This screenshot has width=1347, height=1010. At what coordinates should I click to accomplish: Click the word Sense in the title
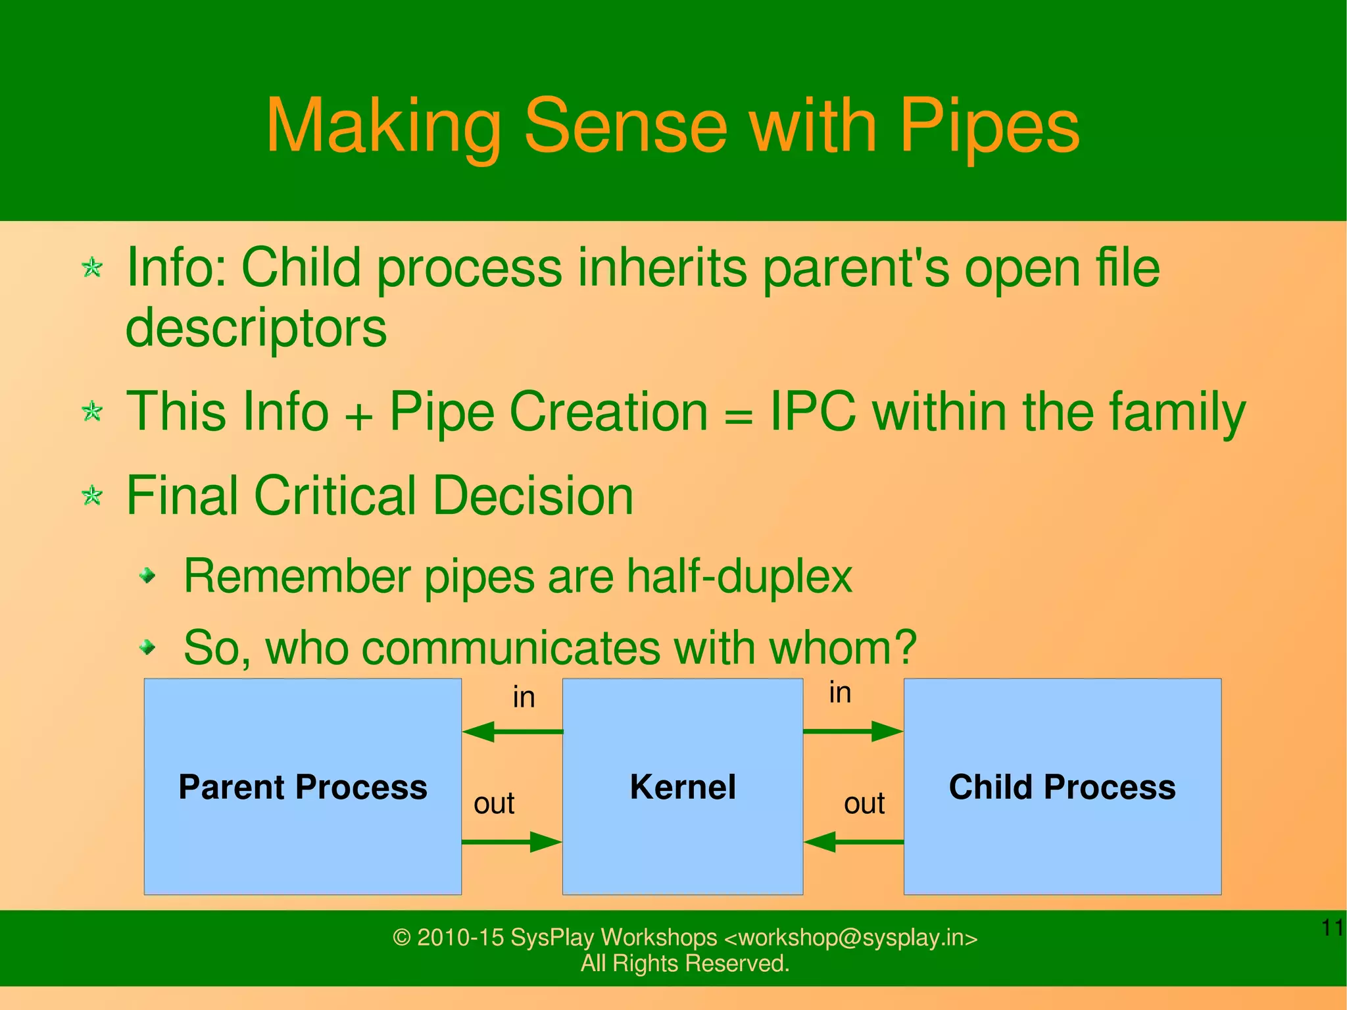pyautogui.click(x=625, y=125)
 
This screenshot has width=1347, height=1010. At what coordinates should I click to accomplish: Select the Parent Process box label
pyautogui.click(x=303, y=787)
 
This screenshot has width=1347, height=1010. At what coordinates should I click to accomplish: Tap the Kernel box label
pyautogui.click(x=682, y=787)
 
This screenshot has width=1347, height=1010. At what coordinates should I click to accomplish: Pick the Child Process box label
pyautogui.click(x=1062, y=787)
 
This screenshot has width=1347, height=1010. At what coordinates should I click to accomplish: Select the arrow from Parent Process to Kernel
pyautogui.click(x=512, y=842)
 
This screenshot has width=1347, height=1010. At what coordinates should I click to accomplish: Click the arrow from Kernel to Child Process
pyautogui.click(x=853, y=731)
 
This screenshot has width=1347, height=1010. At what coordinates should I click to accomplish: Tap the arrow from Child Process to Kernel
pyautogui.click(x=853, y=842)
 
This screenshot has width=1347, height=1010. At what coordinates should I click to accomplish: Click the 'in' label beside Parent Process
pyautogui.click(x=524, y=697)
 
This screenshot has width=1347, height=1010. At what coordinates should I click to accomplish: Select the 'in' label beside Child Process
pyautogui.click(x=840, y=693)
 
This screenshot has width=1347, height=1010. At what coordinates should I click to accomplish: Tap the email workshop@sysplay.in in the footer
pyautogui.click(x=850, y=938)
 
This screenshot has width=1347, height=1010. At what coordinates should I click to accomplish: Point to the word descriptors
pyautogui.click(x=256, y=328)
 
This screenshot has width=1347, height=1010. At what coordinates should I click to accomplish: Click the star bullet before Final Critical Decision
pyautogui.click(x=92, y=495)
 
